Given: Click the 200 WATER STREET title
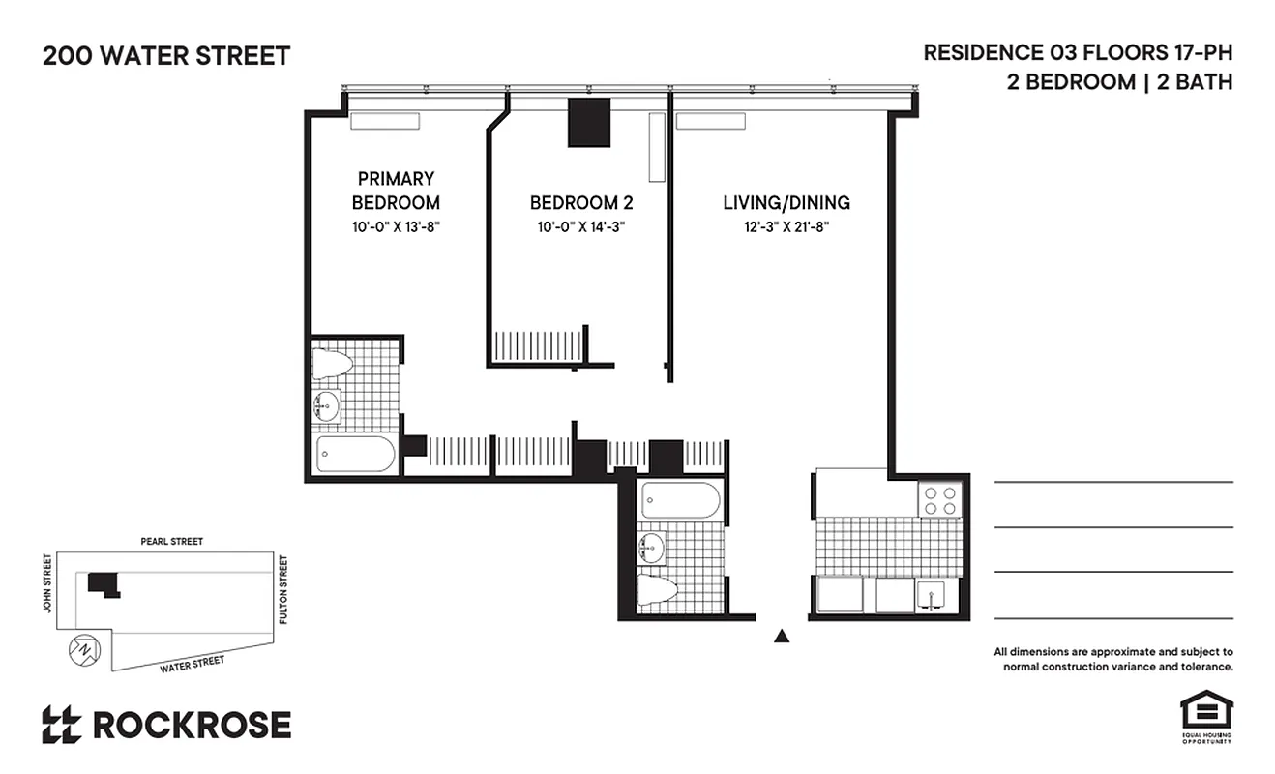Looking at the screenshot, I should tap(165, 56).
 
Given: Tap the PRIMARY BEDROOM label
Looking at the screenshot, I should tap(396, 191).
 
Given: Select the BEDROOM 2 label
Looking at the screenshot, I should tap(580, 203).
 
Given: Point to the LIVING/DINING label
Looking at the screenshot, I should tap(786, 203).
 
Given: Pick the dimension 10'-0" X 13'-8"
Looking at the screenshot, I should tap(396, 227).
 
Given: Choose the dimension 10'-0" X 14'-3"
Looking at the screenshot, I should tap(580, 227).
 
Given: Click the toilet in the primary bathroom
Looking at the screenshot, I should tap(332, 364).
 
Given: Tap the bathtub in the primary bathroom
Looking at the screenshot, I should tap(355, 454).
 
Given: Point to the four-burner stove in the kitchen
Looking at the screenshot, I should tap(939, 500).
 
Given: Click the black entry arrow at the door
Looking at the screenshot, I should tap(782, 636).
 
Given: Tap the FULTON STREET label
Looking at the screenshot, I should tap(283, 588).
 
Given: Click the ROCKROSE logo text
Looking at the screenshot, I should tap(191, 725).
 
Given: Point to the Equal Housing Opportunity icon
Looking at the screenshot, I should tap(1204, 716).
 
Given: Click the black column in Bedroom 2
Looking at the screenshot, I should tap(588, 123).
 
